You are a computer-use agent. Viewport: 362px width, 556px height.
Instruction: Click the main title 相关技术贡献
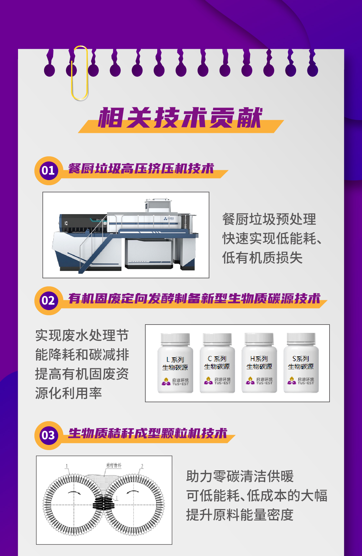point(180,118)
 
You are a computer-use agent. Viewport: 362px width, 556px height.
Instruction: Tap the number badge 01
point(48,170)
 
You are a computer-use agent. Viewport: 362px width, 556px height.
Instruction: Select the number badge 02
point(48,301)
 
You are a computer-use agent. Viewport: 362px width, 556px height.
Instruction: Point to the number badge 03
point(48,436)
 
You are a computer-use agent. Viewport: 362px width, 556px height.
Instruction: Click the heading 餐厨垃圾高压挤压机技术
point(141,169)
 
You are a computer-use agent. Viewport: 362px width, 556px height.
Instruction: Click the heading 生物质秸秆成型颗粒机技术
point(148,433)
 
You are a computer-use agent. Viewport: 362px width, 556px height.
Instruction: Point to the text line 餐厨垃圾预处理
point(269,220)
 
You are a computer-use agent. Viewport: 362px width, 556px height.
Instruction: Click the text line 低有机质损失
point(262,258)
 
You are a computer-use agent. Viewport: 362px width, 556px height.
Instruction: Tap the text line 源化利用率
point(68,393)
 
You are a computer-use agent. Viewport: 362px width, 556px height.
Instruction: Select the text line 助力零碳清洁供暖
point(240,476)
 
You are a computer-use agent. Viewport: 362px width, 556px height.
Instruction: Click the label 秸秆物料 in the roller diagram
point(114,465)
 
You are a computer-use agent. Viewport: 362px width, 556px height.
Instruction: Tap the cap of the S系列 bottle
point(301,339)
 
